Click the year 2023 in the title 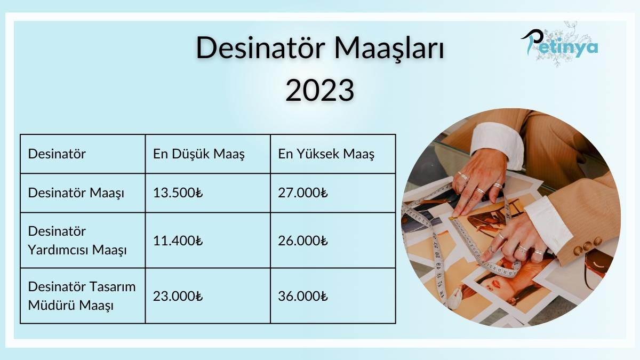click(x=319, y=90)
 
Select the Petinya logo click(x=559, y=44)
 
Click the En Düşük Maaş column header click(x=198, y=154)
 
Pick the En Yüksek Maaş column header click(x=326, y=154)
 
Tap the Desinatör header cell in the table click(x=57, y=154)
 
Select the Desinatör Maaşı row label click(x=76, y=193)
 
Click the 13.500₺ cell click(x=178, y=193)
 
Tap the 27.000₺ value click(x=302, y=193)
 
